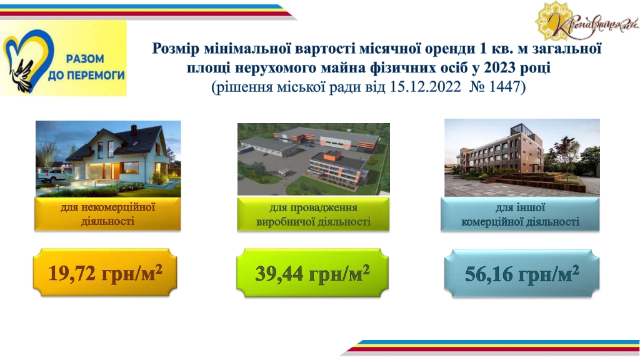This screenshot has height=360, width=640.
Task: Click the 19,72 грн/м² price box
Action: point(105,272)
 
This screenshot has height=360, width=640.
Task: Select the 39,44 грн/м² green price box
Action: point(312,272)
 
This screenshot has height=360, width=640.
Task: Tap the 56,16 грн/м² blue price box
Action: point(522,273)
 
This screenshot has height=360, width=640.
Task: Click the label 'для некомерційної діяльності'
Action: point(107,214)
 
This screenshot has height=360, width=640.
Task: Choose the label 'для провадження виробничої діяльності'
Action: point(314,215)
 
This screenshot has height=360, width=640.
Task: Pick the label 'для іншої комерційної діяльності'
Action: point(520,215)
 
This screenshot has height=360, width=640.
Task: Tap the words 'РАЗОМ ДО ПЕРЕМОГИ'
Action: point(86,67)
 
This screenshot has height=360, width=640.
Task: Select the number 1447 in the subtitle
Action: point(504,86)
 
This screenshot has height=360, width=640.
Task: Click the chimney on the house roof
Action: point(134,130)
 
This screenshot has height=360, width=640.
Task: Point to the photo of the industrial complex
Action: point(314,159)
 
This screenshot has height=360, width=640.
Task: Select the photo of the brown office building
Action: point(522,157)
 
